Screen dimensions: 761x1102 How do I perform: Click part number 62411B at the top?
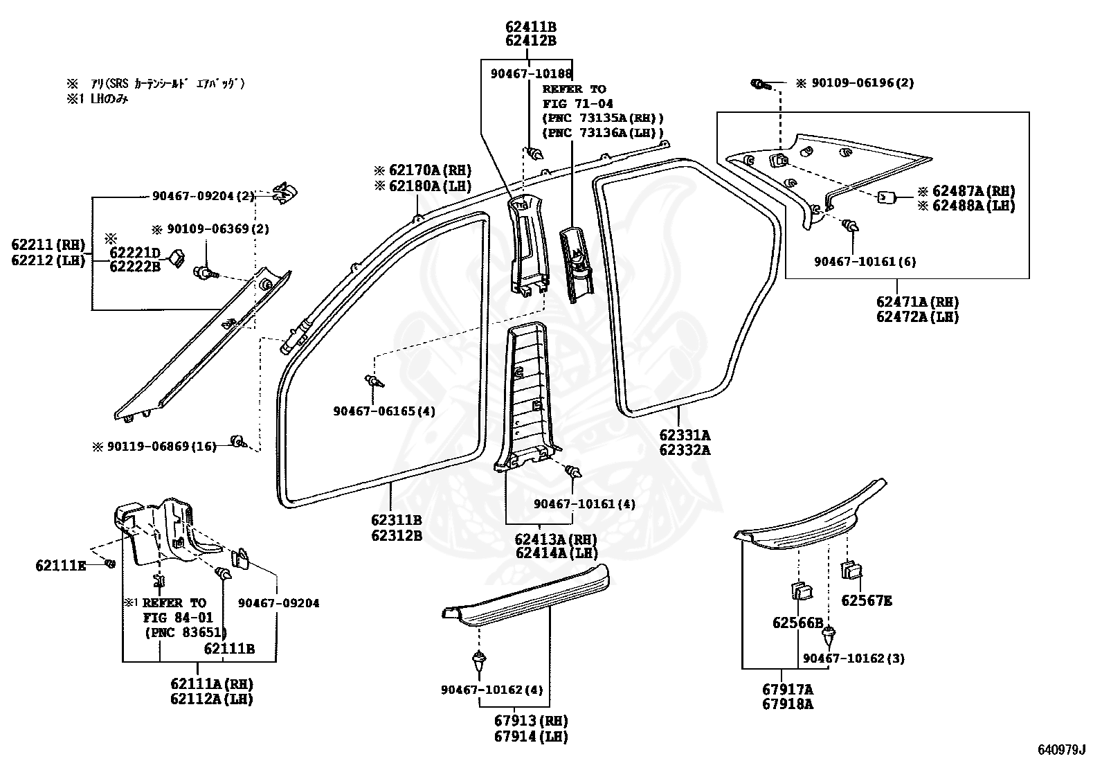[x=530, y=27]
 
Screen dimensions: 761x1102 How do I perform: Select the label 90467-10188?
[x=531, y=73]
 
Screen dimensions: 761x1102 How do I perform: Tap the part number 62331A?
[x=684, y=435]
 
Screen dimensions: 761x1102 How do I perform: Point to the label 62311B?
[x=396, y=521]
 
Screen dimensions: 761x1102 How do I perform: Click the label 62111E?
[x=61, y=566]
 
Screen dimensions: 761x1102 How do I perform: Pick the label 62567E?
[x=866, y=600]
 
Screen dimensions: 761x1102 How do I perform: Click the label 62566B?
[x=797, y=623]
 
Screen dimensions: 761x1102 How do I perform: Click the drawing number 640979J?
[x=1062, y=749]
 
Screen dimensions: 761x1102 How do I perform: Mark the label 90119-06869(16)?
[x=161, y=447]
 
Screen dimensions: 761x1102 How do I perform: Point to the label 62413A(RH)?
[x=555, y=538]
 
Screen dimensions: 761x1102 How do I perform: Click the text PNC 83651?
[x=186, y=632]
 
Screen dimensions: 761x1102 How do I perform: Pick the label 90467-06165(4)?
[x=383, y=411]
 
